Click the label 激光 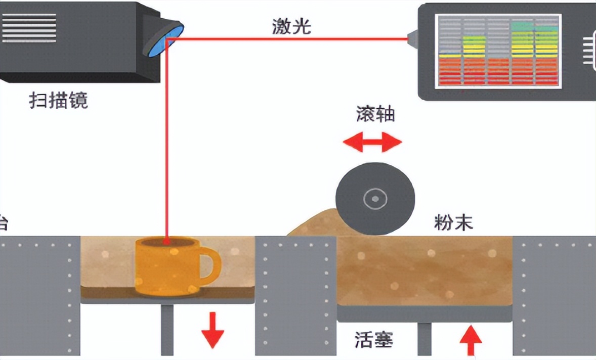pos(291,26)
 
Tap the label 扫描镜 pos(58,101)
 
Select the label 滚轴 pos(375,115)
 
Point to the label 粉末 pos(453,222)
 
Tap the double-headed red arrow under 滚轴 pos(372,142)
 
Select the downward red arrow pos(212,330)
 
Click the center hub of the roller pos(375,199)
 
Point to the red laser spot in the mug pos(166,242)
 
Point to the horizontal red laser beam pos(288,38)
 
